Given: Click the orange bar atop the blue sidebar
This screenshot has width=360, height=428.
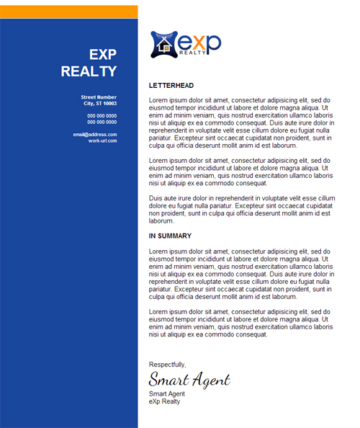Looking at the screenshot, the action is [68, 12].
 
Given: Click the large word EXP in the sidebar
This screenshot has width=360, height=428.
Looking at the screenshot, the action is [102, 55].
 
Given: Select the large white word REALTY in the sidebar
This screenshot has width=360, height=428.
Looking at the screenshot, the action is [89, 71].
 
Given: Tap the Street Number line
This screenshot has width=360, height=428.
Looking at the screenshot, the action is [99, 97].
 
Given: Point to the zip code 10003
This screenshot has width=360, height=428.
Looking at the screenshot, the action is [109, 104].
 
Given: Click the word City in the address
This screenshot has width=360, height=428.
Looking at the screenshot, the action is [89, 104].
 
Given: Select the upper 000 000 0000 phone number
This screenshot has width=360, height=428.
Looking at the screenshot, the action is [102, 116].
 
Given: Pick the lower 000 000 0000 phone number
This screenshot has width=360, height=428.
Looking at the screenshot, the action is [102, 122].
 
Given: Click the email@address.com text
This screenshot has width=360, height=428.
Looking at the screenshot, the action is [95, 135].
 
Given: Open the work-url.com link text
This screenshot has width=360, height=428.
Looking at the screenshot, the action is [102, 141].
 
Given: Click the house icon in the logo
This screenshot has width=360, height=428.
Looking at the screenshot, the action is [164, 45].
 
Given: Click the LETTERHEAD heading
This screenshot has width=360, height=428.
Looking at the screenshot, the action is [171, 86].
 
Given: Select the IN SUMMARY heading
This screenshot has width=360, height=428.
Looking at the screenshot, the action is [170, 236].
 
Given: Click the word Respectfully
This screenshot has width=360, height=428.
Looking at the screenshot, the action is [167, 365].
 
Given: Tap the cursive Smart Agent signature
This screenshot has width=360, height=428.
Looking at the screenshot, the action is [189, 380].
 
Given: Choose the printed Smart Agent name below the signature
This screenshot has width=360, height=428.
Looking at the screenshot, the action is [167, 394].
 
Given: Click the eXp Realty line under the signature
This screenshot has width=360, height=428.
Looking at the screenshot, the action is [165, 401].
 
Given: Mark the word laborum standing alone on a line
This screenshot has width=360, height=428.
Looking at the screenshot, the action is [162, 221].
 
